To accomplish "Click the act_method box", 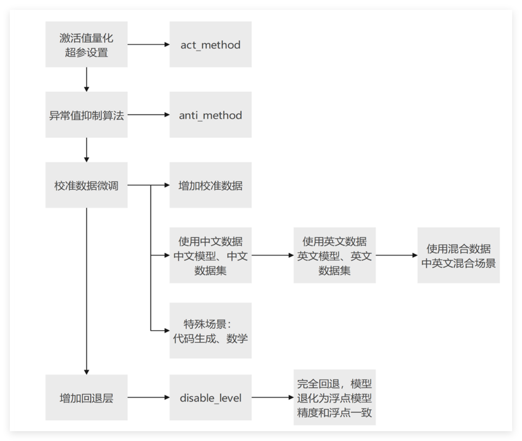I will [x=210, y=45].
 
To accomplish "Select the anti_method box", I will [x=210, y=115].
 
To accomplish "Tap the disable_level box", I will [x=210, y=398].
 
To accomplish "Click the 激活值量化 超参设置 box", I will [x=87, y=45].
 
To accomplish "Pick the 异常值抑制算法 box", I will [x=87, y=115].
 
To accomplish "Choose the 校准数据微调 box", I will [x=87, y=185].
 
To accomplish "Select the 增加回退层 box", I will [x=87, y=398].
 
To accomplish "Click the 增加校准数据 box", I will [x=210, y=185].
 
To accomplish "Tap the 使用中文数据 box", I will [x=210, y=256].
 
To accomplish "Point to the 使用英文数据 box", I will [x=334, y=256].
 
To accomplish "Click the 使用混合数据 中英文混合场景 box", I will [x=459, y=256].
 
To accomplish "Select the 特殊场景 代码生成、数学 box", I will [x=210, y=331].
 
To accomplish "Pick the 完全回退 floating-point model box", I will [x=334, y=398].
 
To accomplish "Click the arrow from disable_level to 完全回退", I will [x=273, y=398].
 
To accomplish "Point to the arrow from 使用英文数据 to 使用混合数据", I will [x=396, y=256].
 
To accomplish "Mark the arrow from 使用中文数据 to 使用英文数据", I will [x=273, y=256].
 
